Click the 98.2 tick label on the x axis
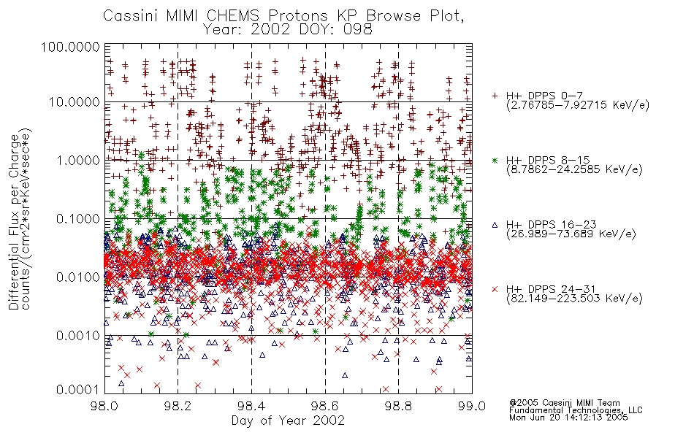point(178,406)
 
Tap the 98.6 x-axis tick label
point(325,406)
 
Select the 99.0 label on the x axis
point(472,406)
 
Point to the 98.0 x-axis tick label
point(104,406)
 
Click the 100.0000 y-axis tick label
point(71,47)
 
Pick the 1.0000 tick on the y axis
point(78,160)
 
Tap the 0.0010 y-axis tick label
point(78,336)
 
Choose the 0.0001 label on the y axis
point(78,390)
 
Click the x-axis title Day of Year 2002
point(288,420)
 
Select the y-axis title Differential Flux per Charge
point(15,222)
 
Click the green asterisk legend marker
point(495,160)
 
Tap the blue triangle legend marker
point(495,225)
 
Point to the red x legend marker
point(495,289)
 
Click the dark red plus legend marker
point(495,96)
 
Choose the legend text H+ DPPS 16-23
point(551,225)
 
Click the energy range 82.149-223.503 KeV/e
point(574,299)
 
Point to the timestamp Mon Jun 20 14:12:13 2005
point(568,418)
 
